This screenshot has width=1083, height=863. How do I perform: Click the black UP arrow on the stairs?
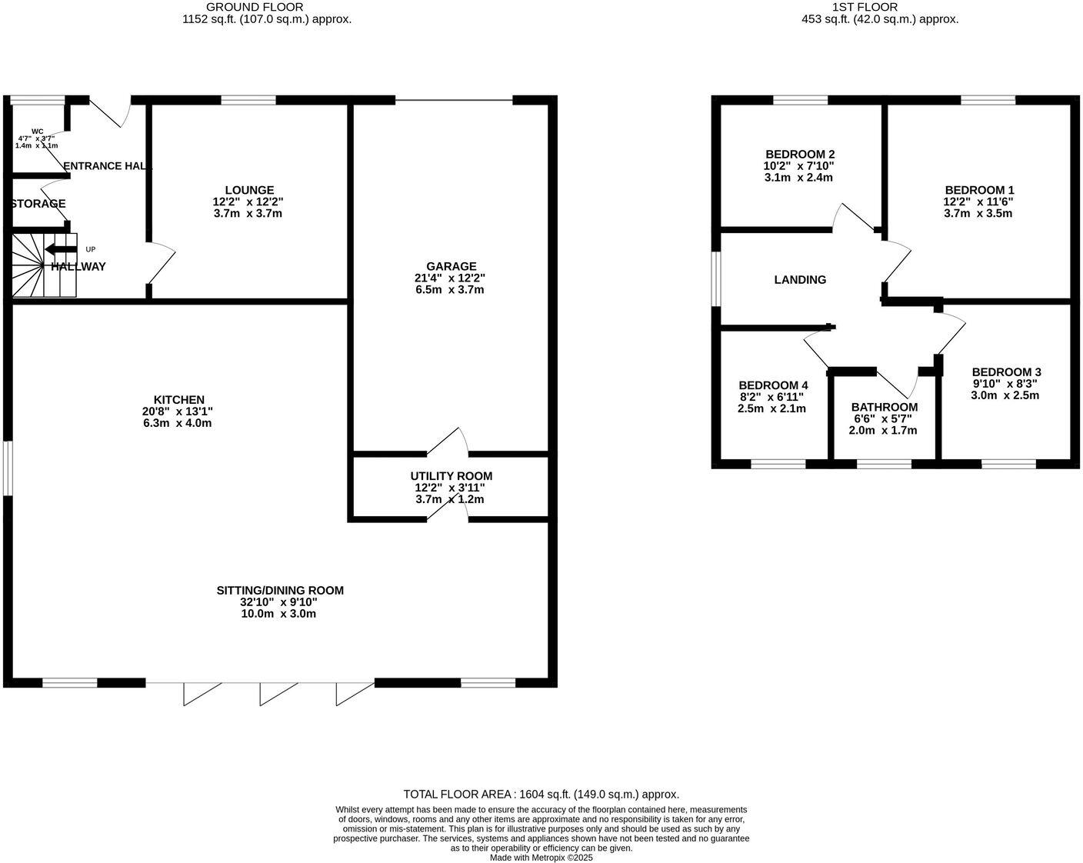(x=60, y=249)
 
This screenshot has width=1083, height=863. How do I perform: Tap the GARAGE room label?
(x=452, y=267)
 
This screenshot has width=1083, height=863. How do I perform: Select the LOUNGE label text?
(x=249, y=190)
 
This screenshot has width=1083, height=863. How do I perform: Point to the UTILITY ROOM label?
(x=451, y=476)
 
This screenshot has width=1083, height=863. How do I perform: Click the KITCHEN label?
(x=179, y=400)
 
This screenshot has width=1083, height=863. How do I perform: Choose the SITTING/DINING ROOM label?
(x=280, y=591)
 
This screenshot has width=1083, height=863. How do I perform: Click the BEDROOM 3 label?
(x=1006, y=372)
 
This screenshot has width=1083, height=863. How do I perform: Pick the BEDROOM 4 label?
(x=773, y=385)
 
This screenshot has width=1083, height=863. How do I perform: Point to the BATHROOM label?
(x=884, y=408)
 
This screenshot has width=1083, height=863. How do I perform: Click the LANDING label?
(x=800, y=280)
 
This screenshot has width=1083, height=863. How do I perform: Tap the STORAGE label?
(x=38, y=204)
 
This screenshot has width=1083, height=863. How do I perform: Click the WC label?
(x=38, y=132)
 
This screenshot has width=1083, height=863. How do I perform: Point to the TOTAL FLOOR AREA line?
(x=541, y=795)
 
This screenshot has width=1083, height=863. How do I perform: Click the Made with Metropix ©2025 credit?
(x=541, y=858)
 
